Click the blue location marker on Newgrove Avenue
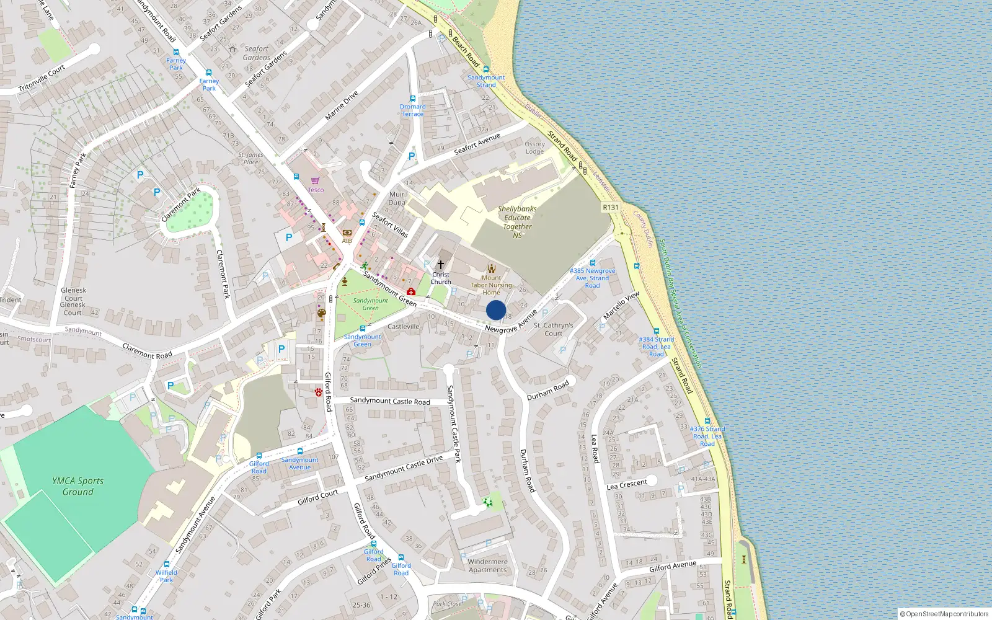click(x=496, y=310)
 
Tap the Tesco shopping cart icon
click(x=316, y=180)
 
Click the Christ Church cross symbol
click(x=441, y=265)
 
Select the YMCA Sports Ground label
click(x=78, y=486)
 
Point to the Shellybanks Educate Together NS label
click(x=517, y=221)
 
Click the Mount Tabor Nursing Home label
click(x=491, y=285)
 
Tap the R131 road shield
click(x=611, y=207)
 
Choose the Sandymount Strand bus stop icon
click(x=486, y=69)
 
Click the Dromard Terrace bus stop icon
click(x=412, y=99)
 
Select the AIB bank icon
click(x=347, y=233)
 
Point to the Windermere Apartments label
click(x=487, y=565)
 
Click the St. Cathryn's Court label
click(x=554, y=329)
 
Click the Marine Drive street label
click(x=342, y=106)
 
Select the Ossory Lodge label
click(x=534, y=148)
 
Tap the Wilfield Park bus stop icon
click(x=167, y=565)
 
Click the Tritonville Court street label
click(x=42, y=79)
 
